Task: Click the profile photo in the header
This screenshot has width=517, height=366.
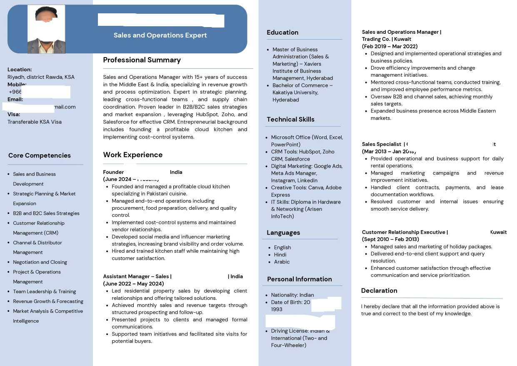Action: point(46,29)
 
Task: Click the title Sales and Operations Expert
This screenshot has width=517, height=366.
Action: point(160,35)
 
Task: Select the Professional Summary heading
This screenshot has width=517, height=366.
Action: point(142,60)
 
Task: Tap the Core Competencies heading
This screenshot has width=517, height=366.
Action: point(40,155)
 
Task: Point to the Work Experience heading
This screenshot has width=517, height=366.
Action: point(132,155)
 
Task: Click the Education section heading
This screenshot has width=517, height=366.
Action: point(282,33)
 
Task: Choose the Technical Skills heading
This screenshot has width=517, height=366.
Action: point(290,119)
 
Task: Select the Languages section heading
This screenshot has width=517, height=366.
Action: point(283,233)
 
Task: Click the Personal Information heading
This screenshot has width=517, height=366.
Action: point(299,279)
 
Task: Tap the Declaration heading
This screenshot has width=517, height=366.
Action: point(379,291)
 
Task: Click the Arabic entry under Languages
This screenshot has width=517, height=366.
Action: point(282,262)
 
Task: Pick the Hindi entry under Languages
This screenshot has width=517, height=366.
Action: point(280,255)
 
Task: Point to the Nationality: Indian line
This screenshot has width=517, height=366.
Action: point(292,295)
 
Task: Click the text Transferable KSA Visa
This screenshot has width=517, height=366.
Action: point(35,122)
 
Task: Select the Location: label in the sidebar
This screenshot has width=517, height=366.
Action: point(20,70)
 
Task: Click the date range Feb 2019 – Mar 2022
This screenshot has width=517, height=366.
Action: point(390,46)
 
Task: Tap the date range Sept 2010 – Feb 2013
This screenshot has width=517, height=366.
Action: point(390,239)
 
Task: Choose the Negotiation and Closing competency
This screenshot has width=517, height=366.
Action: point(40,262)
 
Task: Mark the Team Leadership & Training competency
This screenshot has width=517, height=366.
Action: point(44,291)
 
